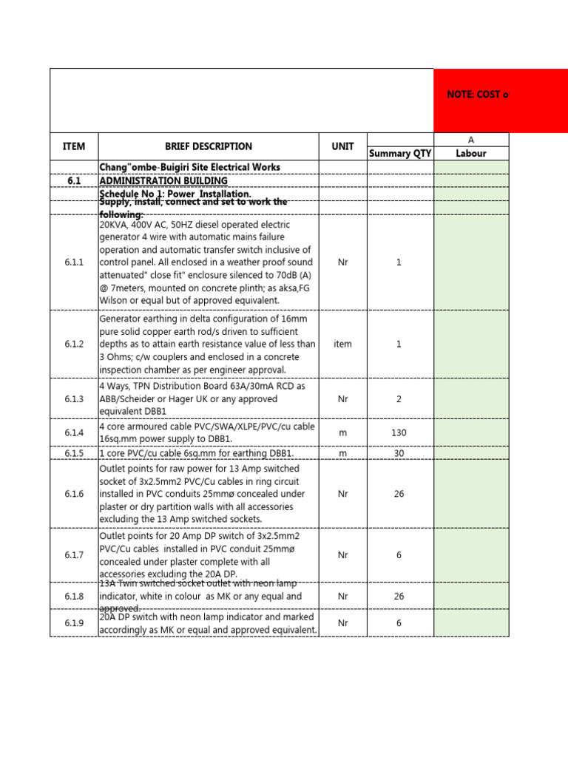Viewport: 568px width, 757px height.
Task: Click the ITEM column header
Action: tap(74, 146)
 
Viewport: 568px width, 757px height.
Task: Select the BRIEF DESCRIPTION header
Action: tap(208, 146)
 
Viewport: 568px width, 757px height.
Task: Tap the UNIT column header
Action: tap(342, 146)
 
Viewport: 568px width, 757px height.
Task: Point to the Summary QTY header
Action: tap(399, 154)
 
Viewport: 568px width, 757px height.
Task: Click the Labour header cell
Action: tap(471, 154)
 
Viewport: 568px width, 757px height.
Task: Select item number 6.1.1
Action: tap(74, 262)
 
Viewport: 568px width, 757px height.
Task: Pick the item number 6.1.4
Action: tap(74, 432)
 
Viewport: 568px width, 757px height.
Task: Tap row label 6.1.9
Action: tap(74, 623)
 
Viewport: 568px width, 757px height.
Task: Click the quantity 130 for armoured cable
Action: tap(399, 432)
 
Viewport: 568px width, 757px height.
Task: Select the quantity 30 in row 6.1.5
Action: tap(399, 453)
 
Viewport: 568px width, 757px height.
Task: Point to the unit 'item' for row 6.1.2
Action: tap(342, 344)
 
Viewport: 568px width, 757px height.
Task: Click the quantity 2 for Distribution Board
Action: tap(399, 398)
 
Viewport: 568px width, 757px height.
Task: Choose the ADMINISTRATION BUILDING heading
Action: tap(163, 181)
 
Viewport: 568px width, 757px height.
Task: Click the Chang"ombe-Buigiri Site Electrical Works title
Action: tap(189, 167)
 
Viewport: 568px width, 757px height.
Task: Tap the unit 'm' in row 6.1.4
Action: tap(342, 432)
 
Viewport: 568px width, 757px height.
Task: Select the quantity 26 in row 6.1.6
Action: tap(399, 494)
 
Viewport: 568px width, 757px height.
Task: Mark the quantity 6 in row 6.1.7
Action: tap(399, 554)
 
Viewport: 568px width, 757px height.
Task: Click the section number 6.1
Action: tap(74, 181)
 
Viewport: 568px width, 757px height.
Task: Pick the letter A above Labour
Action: tap(471, 140)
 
